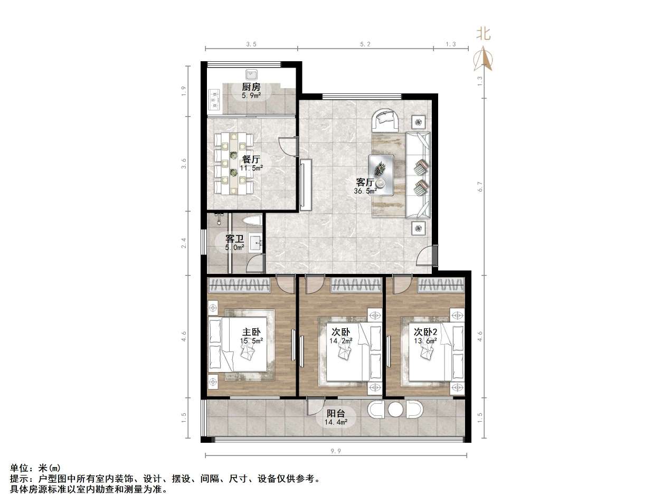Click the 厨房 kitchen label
pyautogui.click(x=251, y=87)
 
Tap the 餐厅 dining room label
pyautogui.click(x=251, y=159)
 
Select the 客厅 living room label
pyautogui.click(x=365, y=183)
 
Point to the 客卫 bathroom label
pyautogui.click(x=235, y=239)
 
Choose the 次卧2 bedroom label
pyautogui.click(x=425, y=332)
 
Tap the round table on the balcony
pyautogui.click(x=395, y=410)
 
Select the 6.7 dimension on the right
pyautogui.click(x=479, y=187)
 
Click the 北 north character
pyautogui.click(x=484, y=34)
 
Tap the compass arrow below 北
pyautogui.click(x=484, y=59)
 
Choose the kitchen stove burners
pyautogui.click(x=214, y=97)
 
